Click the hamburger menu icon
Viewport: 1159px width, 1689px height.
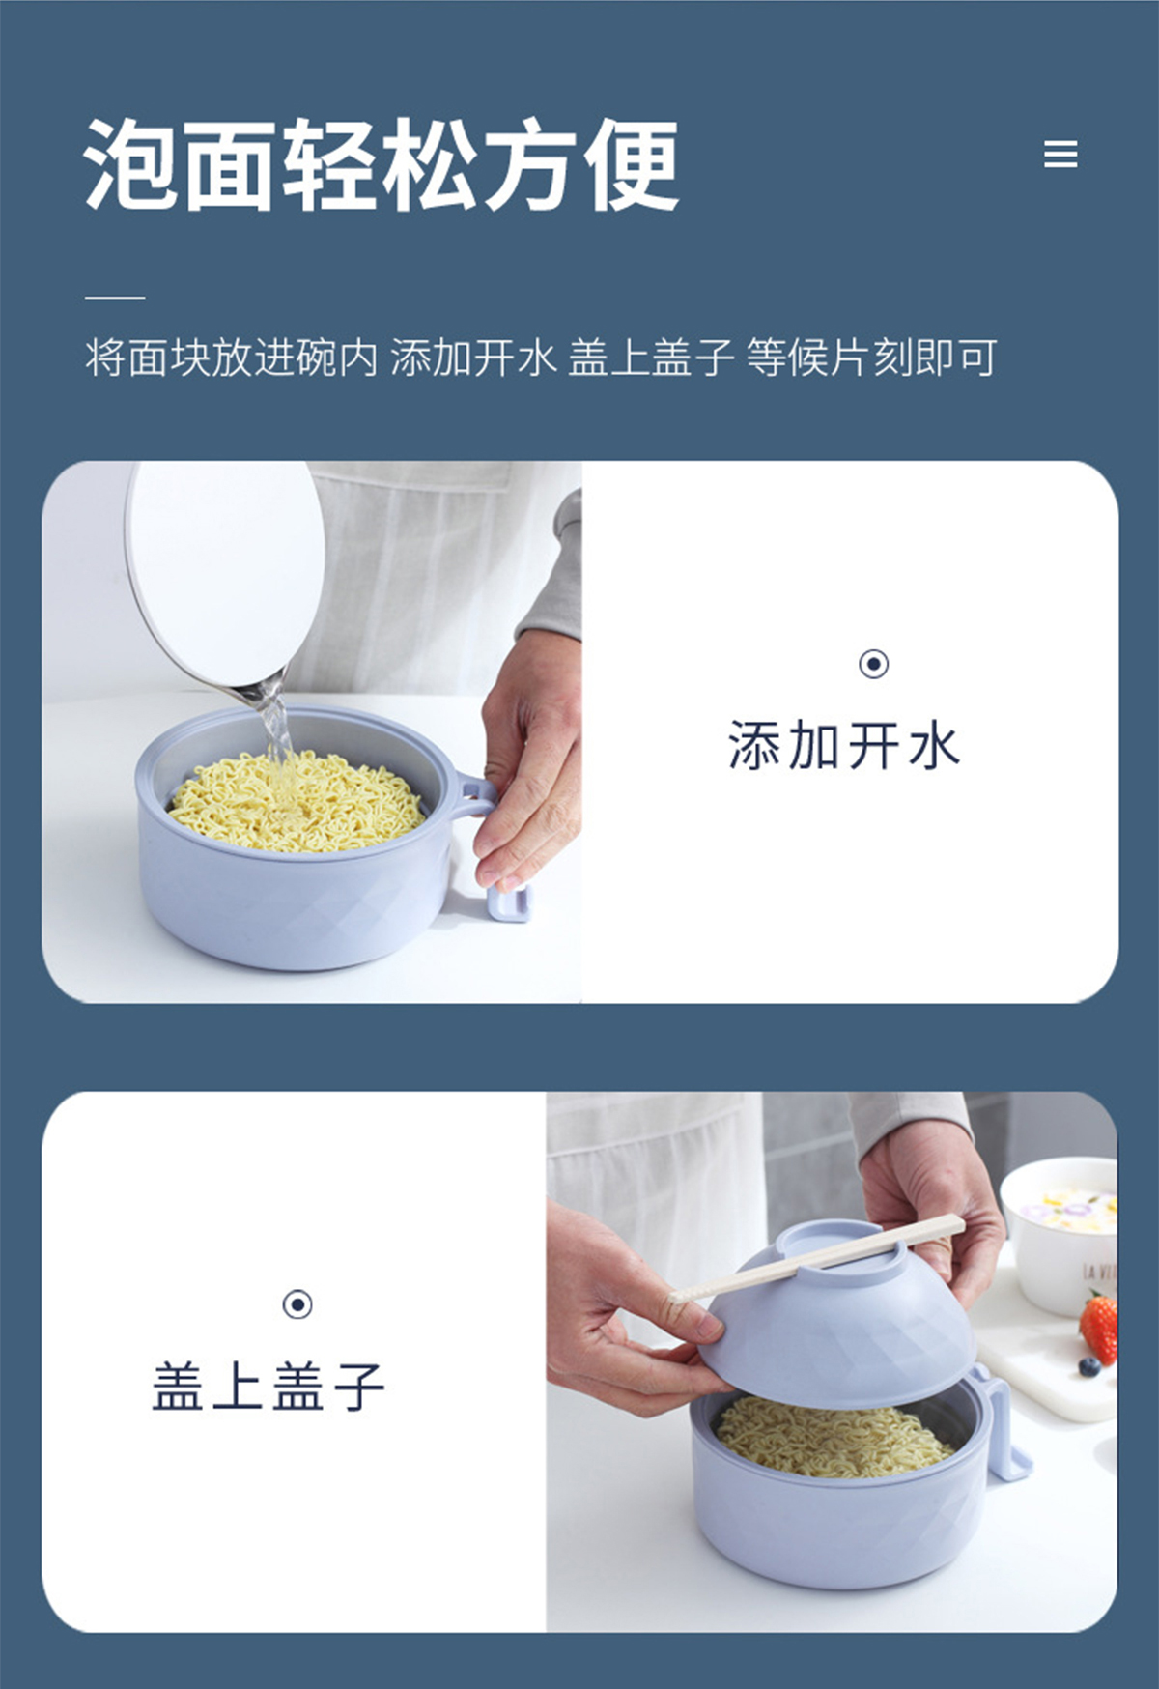coord(1060,155)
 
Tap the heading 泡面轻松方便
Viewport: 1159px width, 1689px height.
coord(382,164)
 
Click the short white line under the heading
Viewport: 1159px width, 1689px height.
coord(115,297)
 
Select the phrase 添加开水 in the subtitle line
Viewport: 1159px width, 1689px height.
coord(473,358)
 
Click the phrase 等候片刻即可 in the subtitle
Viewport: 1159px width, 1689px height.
coord(871,358)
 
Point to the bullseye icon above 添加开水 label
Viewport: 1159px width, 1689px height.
coord(874,664)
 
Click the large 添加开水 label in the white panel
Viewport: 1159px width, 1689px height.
coord(844,746)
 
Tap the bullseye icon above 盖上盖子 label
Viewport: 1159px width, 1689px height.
coord(297,1304)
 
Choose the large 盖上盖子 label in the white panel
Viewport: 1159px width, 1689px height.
coord(269,1387)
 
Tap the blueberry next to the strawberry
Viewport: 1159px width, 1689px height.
coord(1089,1366)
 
